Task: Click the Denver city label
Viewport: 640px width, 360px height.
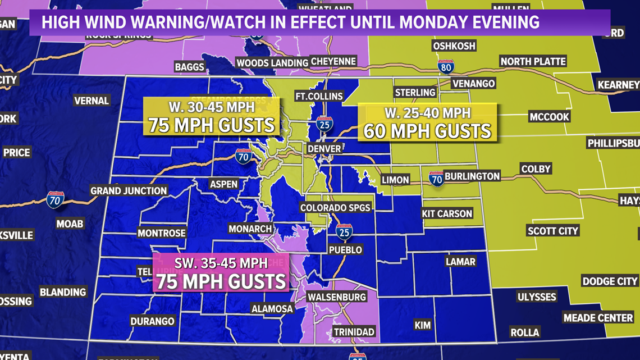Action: coord(324,149)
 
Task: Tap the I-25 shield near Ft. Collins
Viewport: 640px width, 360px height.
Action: coord(324,124)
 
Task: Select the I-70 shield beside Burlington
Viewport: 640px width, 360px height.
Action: coord(436,178)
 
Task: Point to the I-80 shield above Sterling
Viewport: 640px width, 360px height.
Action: coord(445,66)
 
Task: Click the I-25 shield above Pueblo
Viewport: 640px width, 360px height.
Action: coord(344,232)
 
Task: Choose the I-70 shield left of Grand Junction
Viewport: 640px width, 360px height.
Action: coord(55,199)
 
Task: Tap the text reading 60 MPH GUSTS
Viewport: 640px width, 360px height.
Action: coord(427,131)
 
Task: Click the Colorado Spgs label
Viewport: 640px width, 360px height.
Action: coord(335,208)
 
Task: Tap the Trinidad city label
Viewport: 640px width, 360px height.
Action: coord(354,332)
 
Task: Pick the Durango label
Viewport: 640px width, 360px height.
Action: coord(152,321)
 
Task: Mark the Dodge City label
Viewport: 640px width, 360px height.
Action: coord(610,281)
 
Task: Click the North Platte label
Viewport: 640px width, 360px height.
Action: coord(533,61)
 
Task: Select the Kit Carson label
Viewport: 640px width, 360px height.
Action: coord(447,213)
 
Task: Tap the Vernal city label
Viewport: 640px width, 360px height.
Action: coord(92,101)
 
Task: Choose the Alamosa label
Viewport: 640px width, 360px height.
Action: coord(272,309)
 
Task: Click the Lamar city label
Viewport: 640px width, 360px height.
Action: coord(460,262)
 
